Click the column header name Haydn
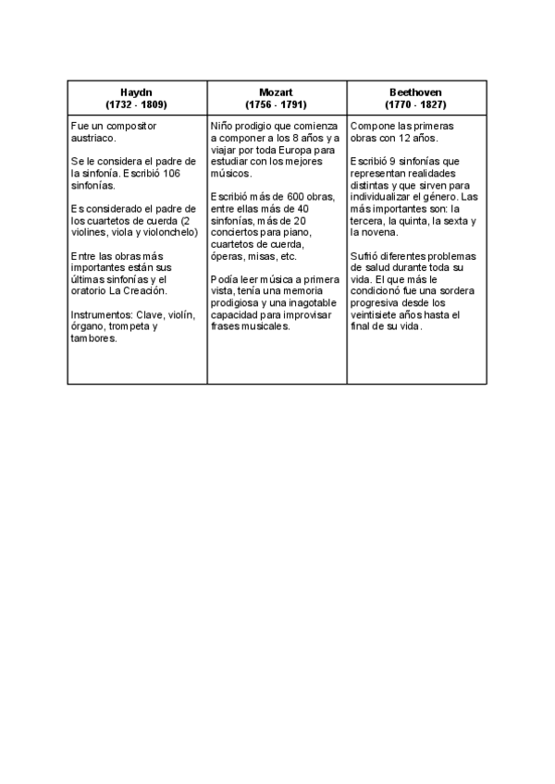(x=136, y=92)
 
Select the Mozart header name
(x=277, y=92)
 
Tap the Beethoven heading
(x=415, y=92)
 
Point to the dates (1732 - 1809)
(x=136, y=104)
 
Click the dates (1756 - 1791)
(x=277, y=104)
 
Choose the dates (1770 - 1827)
(x=415, y=104)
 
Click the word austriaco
(x=92, y=137)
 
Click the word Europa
(x=304, y=149)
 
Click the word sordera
(x=455, y=290)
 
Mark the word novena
(x=385, y=232)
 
